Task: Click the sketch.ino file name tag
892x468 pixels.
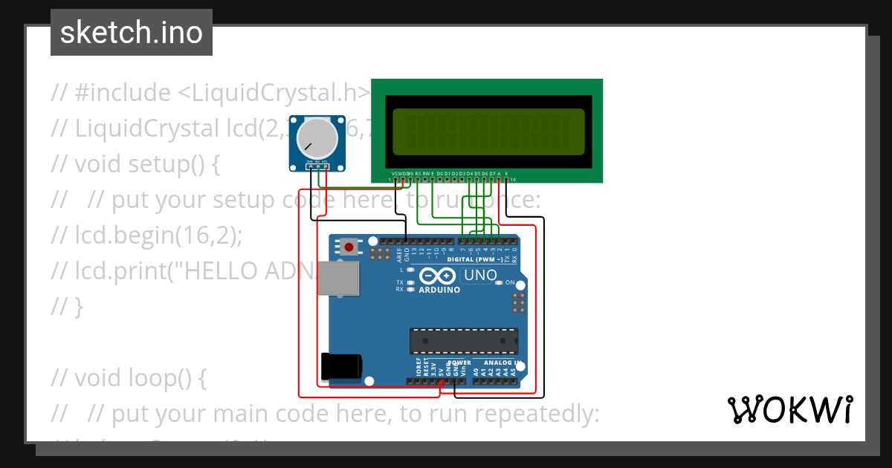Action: click(x=131, y=33)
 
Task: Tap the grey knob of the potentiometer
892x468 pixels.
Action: click(x=317, y=137)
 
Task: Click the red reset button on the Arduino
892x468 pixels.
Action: click(x=349, y=247)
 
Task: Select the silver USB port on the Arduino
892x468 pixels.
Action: click(x=339, y=279)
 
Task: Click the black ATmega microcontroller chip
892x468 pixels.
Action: click(x=463, y=341)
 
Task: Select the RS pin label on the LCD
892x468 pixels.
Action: click(x=418, y=173)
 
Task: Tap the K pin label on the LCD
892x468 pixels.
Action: click(x=506, y=173)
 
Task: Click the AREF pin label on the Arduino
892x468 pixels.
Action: click(x=399, y=256)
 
